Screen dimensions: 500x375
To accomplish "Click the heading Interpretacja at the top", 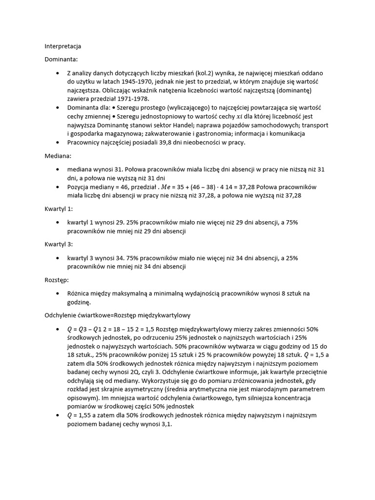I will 63,46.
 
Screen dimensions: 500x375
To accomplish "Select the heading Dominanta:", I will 61,60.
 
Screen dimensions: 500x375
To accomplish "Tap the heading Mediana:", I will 58,156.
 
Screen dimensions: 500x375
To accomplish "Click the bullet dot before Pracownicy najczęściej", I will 60,142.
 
